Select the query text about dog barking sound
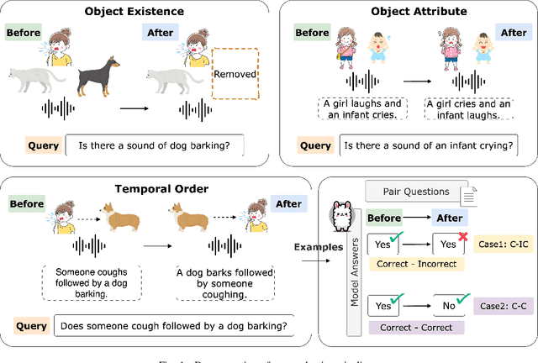coord(155,145)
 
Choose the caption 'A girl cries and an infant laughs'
coord(467,108)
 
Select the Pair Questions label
coord(415,192)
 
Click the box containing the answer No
coord(448,307)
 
